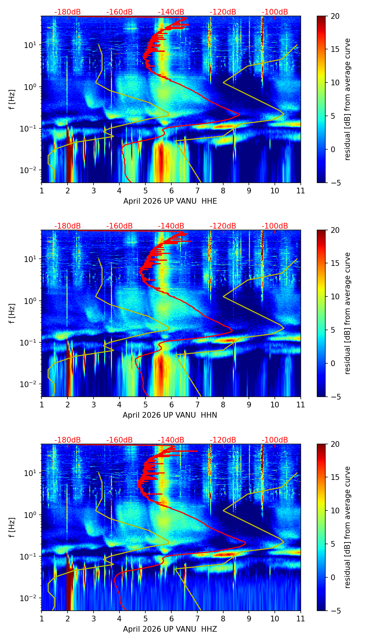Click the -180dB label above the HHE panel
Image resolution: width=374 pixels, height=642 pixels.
point(68,12)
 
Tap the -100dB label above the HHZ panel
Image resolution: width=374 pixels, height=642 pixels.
point(275,440)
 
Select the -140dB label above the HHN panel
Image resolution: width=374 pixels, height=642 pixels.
point(171,226)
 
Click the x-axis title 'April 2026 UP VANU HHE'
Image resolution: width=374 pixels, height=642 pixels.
point(170,201)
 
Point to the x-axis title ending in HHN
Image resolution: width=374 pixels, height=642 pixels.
point(170,415)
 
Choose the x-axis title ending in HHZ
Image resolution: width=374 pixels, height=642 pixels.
point(170,629)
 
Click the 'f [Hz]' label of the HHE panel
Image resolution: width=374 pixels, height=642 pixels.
point(12,99)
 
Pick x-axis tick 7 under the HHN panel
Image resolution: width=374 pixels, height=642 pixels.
point(197,405)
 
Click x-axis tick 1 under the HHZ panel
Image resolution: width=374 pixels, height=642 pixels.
point(42,619)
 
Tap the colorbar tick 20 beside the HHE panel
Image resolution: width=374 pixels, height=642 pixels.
point(335,16)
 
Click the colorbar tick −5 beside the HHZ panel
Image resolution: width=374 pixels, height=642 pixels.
point(335,611)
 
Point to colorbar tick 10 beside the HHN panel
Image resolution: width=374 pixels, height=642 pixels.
point(335,296)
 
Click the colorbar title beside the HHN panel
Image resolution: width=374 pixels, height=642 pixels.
point(348,313)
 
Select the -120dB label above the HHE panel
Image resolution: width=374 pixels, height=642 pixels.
point(223,12)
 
